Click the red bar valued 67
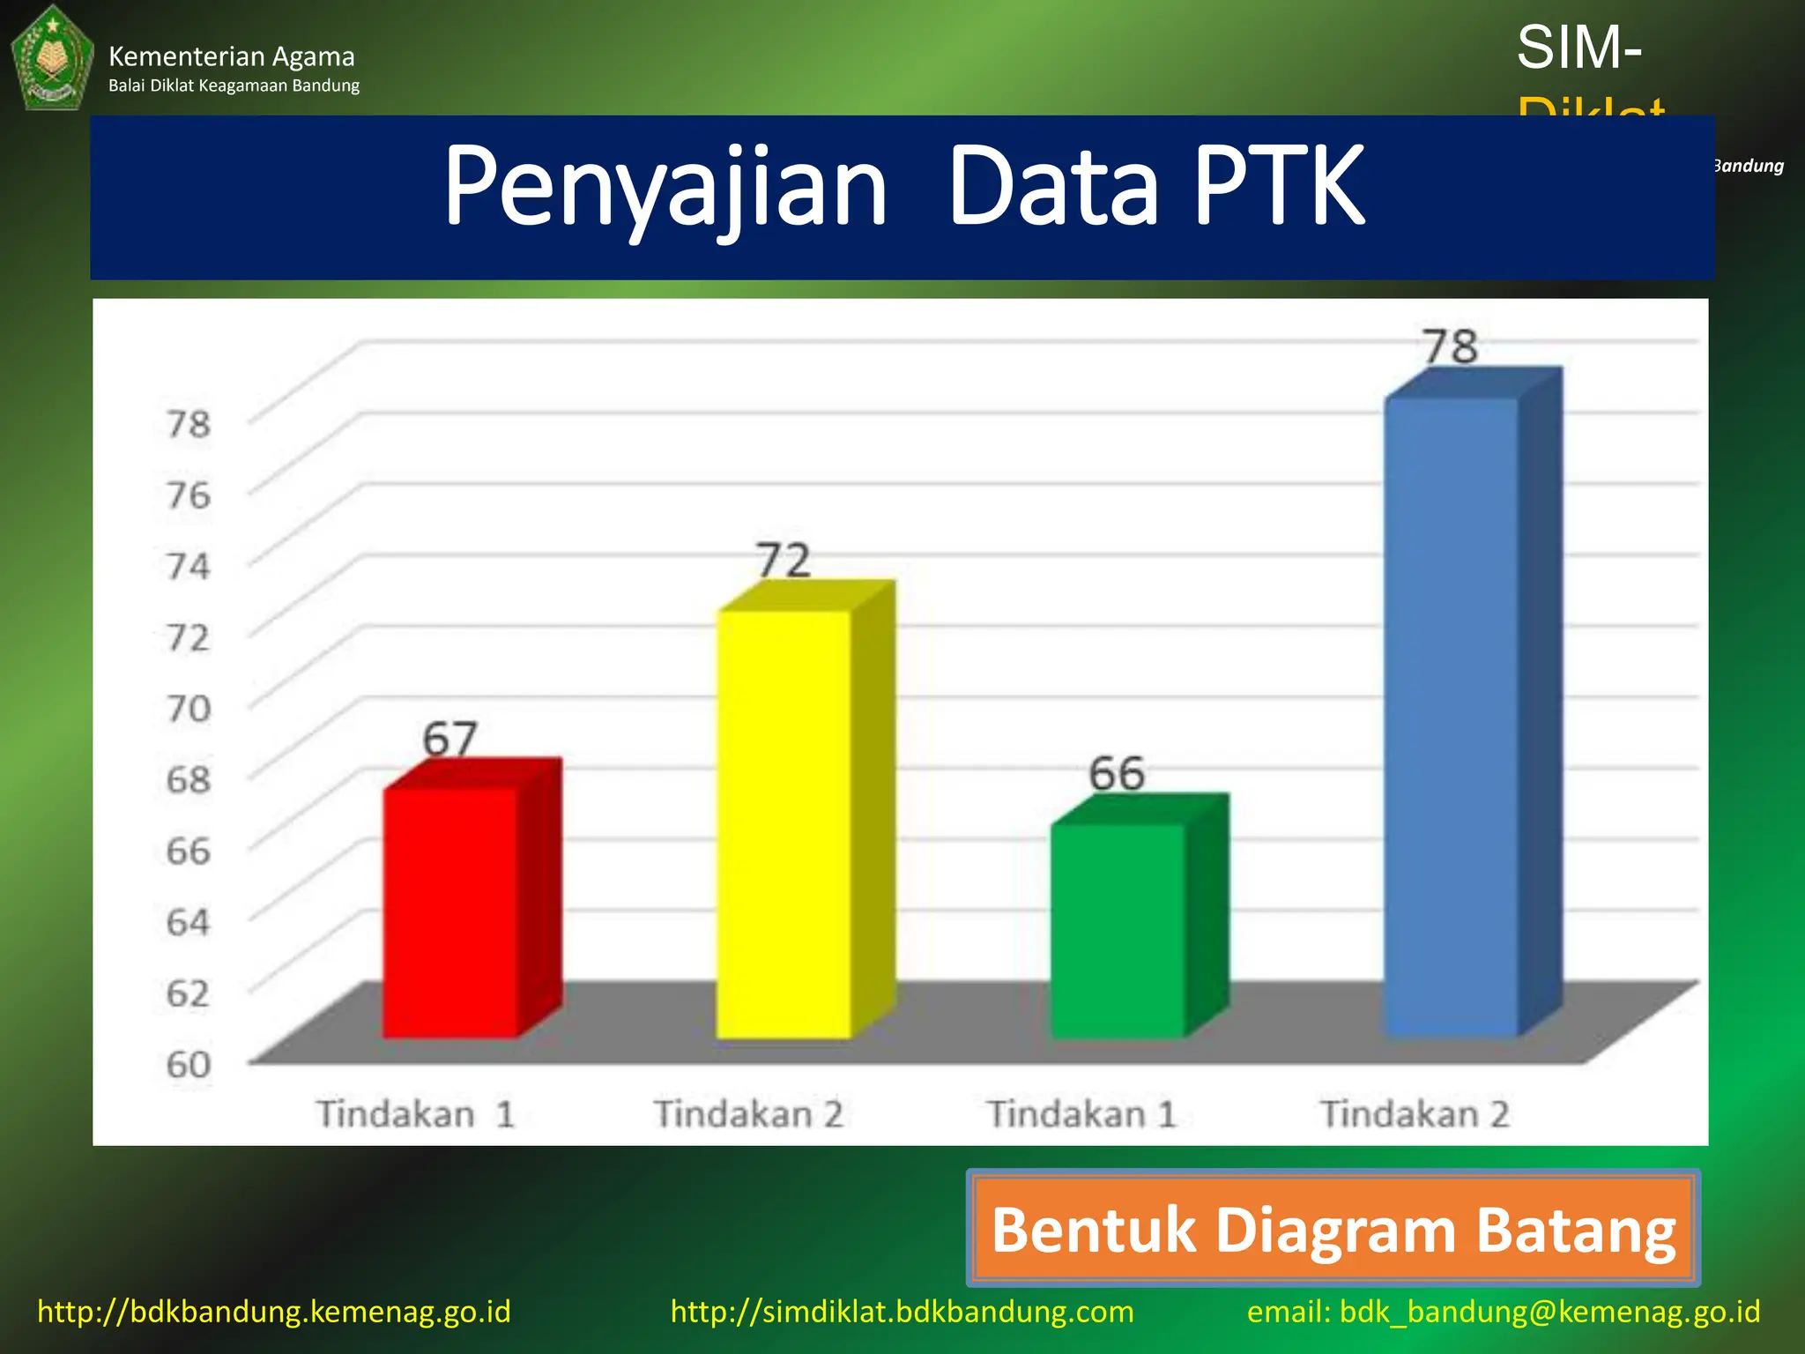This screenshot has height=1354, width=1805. [451, 912]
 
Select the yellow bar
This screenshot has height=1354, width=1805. [784, 824]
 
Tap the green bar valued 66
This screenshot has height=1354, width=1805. [1118, 930]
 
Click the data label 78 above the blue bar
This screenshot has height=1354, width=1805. [1451, 346]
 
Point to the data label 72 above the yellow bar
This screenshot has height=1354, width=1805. [784, 561]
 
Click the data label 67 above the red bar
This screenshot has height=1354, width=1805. [449, 739]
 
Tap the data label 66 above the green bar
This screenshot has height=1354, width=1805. [1117, 774]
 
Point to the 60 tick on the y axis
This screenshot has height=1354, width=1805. [189, 1064]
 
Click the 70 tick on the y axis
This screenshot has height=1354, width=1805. [189, 708]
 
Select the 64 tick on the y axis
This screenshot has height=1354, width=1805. [189, 922]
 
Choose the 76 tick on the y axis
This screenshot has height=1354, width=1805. [189, 495]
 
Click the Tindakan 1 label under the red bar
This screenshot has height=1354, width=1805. [415, 1114]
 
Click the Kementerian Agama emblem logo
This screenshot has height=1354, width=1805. [52, 58]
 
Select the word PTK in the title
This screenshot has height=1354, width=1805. [1279, 187]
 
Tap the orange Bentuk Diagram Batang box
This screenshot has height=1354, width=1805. [1333, 1229]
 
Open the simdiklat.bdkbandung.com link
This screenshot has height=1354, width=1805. [902, 1312]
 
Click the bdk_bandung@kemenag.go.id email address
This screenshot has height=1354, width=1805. [1549, 1312]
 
